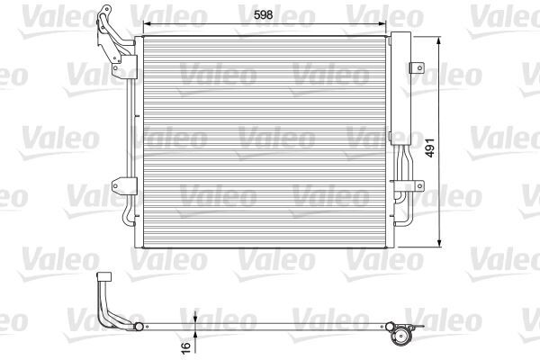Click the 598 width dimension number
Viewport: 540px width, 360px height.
click(260, 14)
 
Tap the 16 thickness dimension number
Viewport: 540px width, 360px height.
click(185, 346)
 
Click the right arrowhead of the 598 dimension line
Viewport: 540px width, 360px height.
click(385, 25)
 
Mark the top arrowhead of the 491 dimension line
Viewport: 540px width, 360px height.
click(438, 40)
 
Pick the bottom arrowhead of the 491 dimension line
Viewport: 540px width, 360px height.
click(438, 244)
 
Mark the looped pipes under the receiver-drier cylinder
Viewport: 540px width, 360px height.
click(402, 211)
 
